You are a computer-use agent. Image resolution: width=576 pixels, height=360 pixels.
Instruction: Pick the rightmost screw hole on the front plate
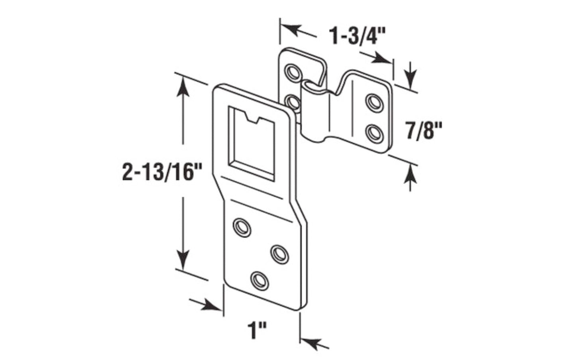pyautogui.click(x=280, y=254)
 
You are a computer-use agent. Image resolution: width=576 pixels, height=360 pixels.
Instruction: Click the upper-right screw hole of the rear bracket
pyautogui.click(x=374, y=101)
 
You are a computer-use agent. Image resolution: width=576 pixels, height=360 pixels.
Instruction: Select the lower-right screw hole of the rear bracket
pyautogui.click(x=374, y=132)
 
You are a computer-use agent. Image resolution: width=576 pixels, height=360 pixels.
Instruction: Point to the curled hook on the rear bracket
pyautogui.click(x=313, y=90)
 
